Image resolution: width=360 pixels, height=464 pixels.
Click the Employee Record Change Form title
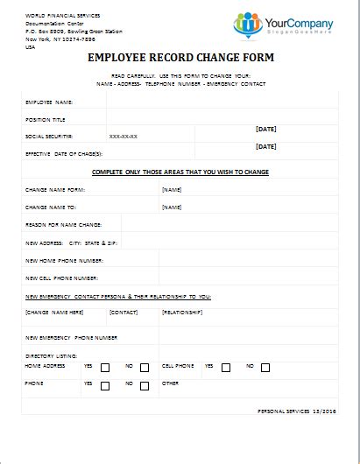tap(180, 59)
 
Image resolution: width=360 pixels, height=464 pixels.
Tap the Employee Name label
tap(48, 102)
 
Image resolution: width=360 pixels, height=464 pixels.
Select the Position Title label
tap(46, 120)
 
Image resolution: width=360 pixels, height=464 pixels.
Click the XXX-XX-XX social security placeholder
tap(123, 137)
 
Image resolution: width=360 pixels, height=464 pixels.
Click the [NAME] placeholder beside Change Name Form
tap(172, 189)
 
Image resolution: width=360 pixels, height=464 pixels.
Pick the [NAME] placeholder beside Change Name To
tap(172, 207)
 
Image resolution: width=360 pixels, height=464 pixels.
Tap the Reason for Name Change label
tap(64, 225)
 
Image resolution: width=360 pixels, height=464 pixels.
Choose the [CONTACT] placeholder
tap(124, 311)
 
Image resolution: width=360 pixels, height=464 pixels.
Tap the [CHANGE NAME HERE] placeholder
tap(54, 311)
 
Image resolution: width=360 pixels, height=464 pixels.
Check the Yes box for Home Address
tap(105, 368)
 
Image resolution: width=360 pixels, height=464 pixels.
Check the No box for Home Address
tap(145, 368)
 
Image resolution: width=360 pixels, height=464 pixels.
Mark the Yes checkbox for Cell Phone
tap(226, 368)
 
